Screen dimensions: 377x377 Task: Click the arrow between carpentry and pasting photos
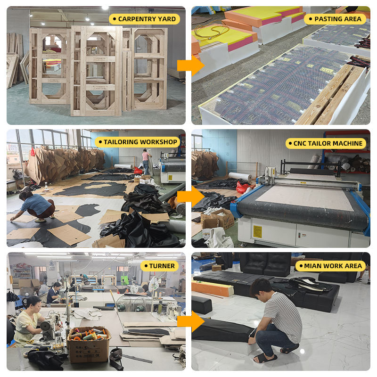point(191,66)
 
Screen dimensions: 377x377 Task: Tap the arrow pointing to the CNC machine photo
point(191,196)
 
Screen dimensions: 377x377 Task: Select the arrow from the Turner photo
point(191,321)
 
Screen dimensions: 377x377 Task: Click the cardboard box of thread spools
point(89,344)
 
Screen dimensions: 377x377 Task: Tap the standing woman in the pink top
point(146,162)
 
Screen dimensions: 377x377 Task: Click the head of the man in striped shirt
point(262,288)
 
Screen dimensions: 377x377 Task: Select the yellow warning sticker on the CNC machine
point(257,231)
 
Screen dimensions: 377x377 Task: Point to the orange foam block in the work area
point(213,288)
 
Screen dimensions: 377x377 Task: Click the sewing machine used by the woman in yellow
point(50,325)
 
